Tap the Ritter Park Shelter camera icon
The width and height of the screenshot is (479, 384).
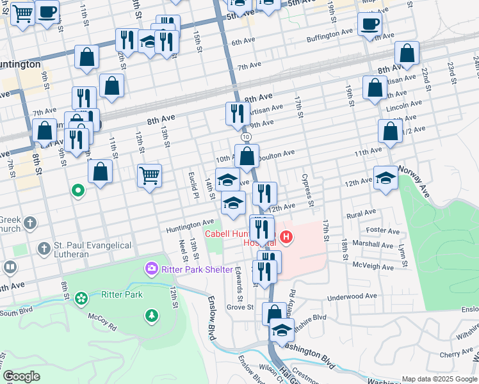pos(152,269)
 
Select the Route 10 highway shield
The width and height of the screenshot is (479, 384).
pos(246,138)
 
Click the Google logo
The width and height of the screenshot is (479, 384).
pos(21,376)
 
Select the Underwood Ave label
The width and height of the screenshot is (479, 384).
pos(352,296)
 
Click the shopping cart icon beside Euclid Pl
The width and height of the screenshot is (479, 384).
pos(149,175)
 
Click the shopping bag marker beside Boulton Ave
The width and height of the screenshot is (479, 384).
pos(247,155)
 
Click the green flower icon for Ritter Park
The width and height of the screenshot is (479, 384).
pos(81,298)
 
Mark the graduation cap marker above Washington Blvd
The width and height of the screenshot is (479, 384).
pos(280,330)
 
